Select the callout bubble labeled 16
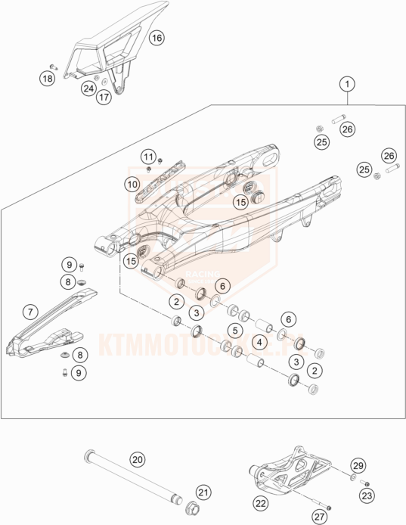(x=155, y=37)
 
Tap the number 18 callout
(x=48, y=78)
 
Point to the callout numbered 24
(x=89, y=89)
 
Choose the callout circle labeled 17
(x=104, y=98)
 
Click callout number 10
(x=132, y=183)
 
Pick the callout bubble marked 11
(x=148, y=157)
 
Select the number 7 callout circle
(x=29, y=311)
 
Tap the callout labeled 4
(x=259, y=343)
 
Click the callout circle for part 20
(x=136, y=459)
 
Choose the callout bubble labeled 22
(x=261, y=502)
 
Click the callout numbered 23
(x=366, y=495)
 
